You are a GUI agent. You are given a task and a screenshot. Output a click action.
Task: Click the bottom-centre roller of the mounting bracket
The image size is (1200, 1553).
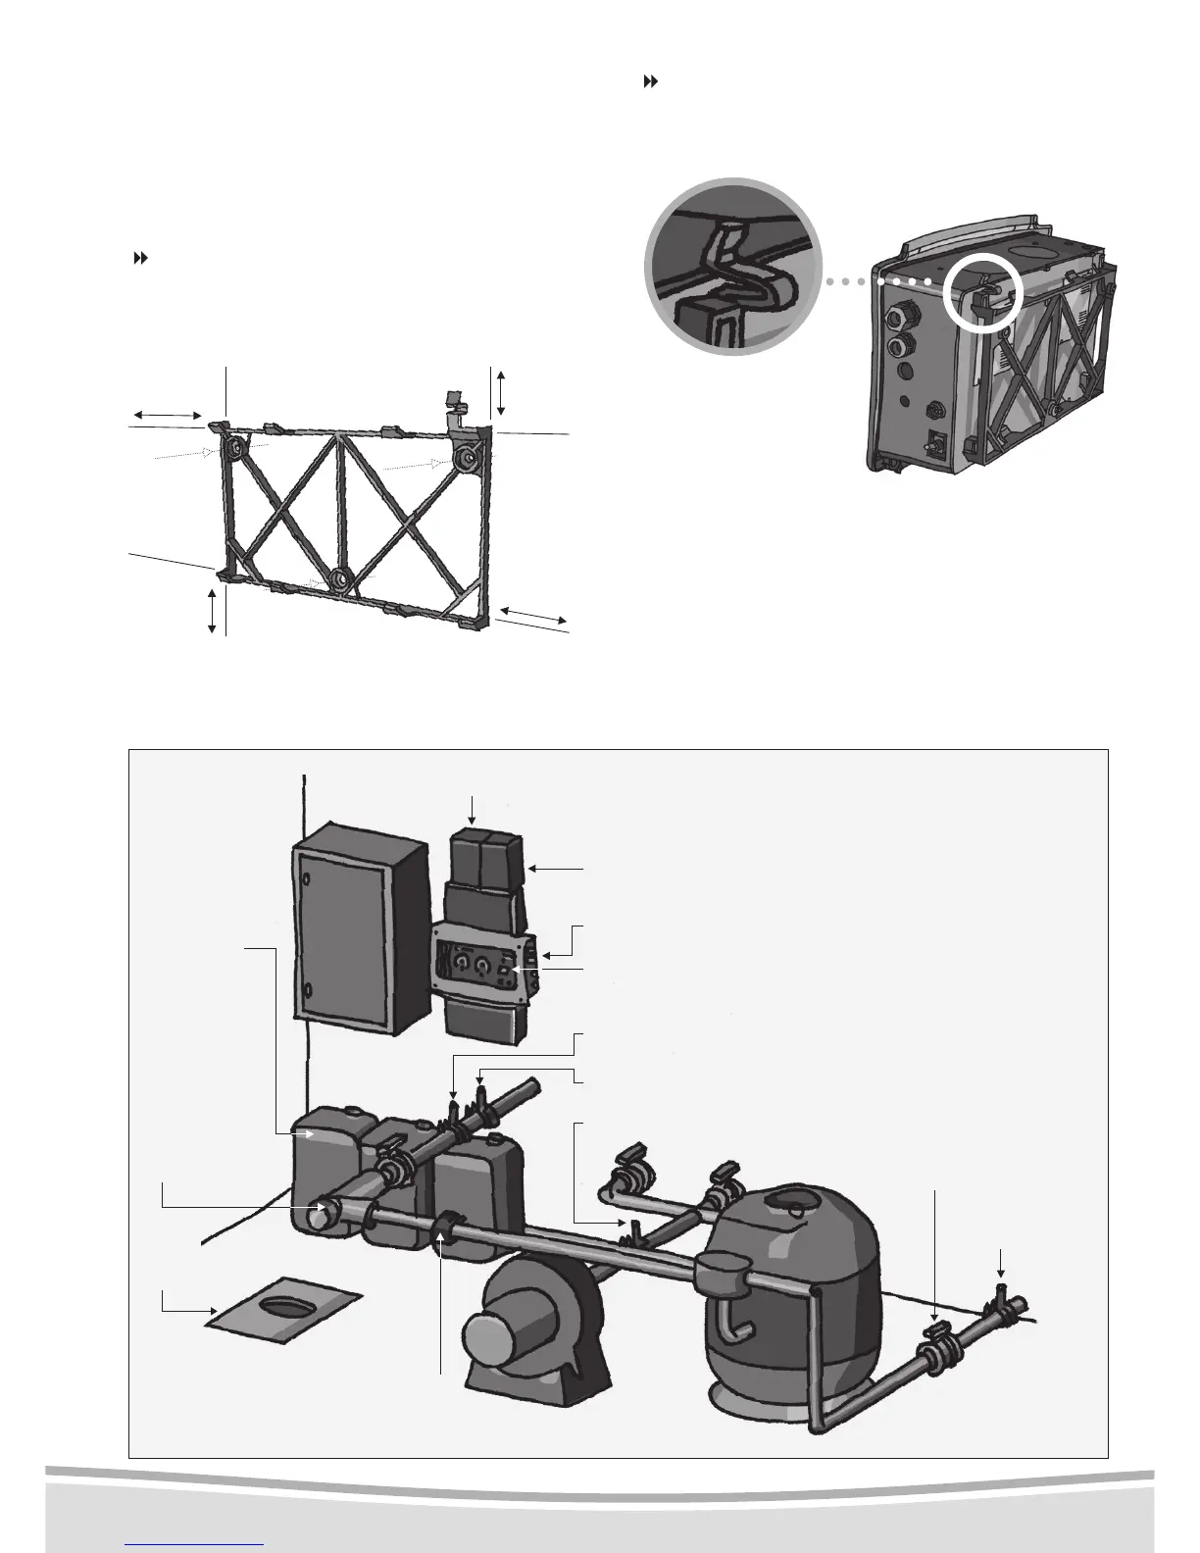[x=338, y=579]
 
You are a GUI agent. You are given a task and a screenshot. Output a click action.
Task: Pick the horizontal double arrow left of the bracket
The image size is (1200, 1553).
[x=166, y=419]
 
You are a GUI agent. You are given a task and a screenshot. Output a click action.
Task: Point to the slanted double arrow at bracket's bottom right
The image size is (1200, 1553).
[x=531, y=615]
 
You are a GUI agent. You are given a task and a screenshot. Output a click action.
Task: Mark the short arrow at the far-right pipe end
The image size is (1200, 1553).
[x=999, y=1262]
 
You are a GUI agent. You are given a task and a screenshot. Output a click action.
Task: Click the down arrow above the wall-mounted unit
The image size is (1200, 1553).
[x=474, y=809]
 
